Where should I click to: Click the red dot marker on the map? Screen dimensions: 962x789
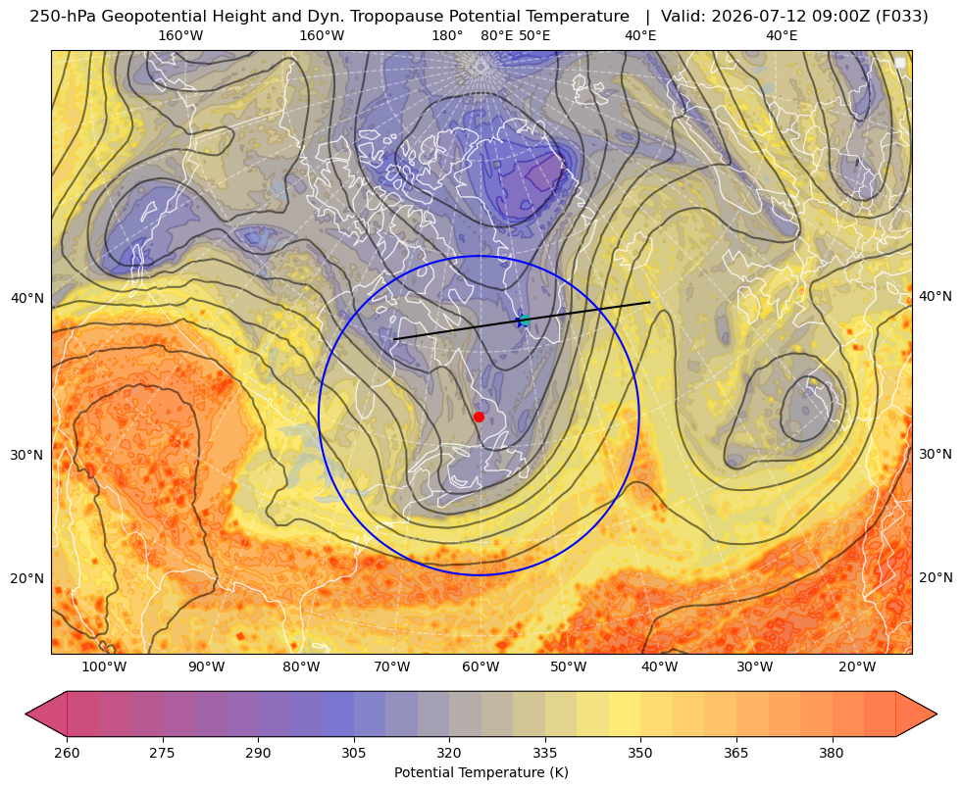(x=479, y=417)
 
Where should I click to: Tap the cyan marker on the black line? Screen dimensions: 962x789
(x=524, y=321)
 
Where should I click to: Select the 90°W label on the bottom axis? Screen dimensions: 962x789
(x=207, y=667)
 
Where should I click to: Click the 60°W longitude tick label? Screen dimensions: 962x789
(x=481, y=667)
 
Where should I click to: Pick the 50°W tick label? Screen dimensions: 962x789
(x=568, y=667)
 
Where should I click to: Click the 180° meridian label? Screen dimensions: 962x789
(x=447, y=35)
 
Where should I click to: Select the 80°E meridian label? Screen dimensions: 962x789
(x=497, y=35)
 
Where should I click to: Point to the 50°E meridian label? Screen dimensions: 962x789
(x=534, y=35)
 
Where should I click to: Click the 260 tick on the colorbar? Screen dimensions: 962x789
(x=67, y=753)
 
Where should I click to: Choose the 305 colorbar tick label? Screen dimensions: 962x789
(x=353, y=753)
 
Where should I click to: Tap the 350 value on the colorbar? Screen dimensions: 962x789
(x=640, y=753)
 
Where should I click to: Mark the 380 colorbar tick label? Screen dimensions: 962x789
(x=832, y=753)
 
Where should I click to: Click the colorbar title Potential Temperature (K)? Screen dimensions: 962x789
(x=481, y=772)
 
